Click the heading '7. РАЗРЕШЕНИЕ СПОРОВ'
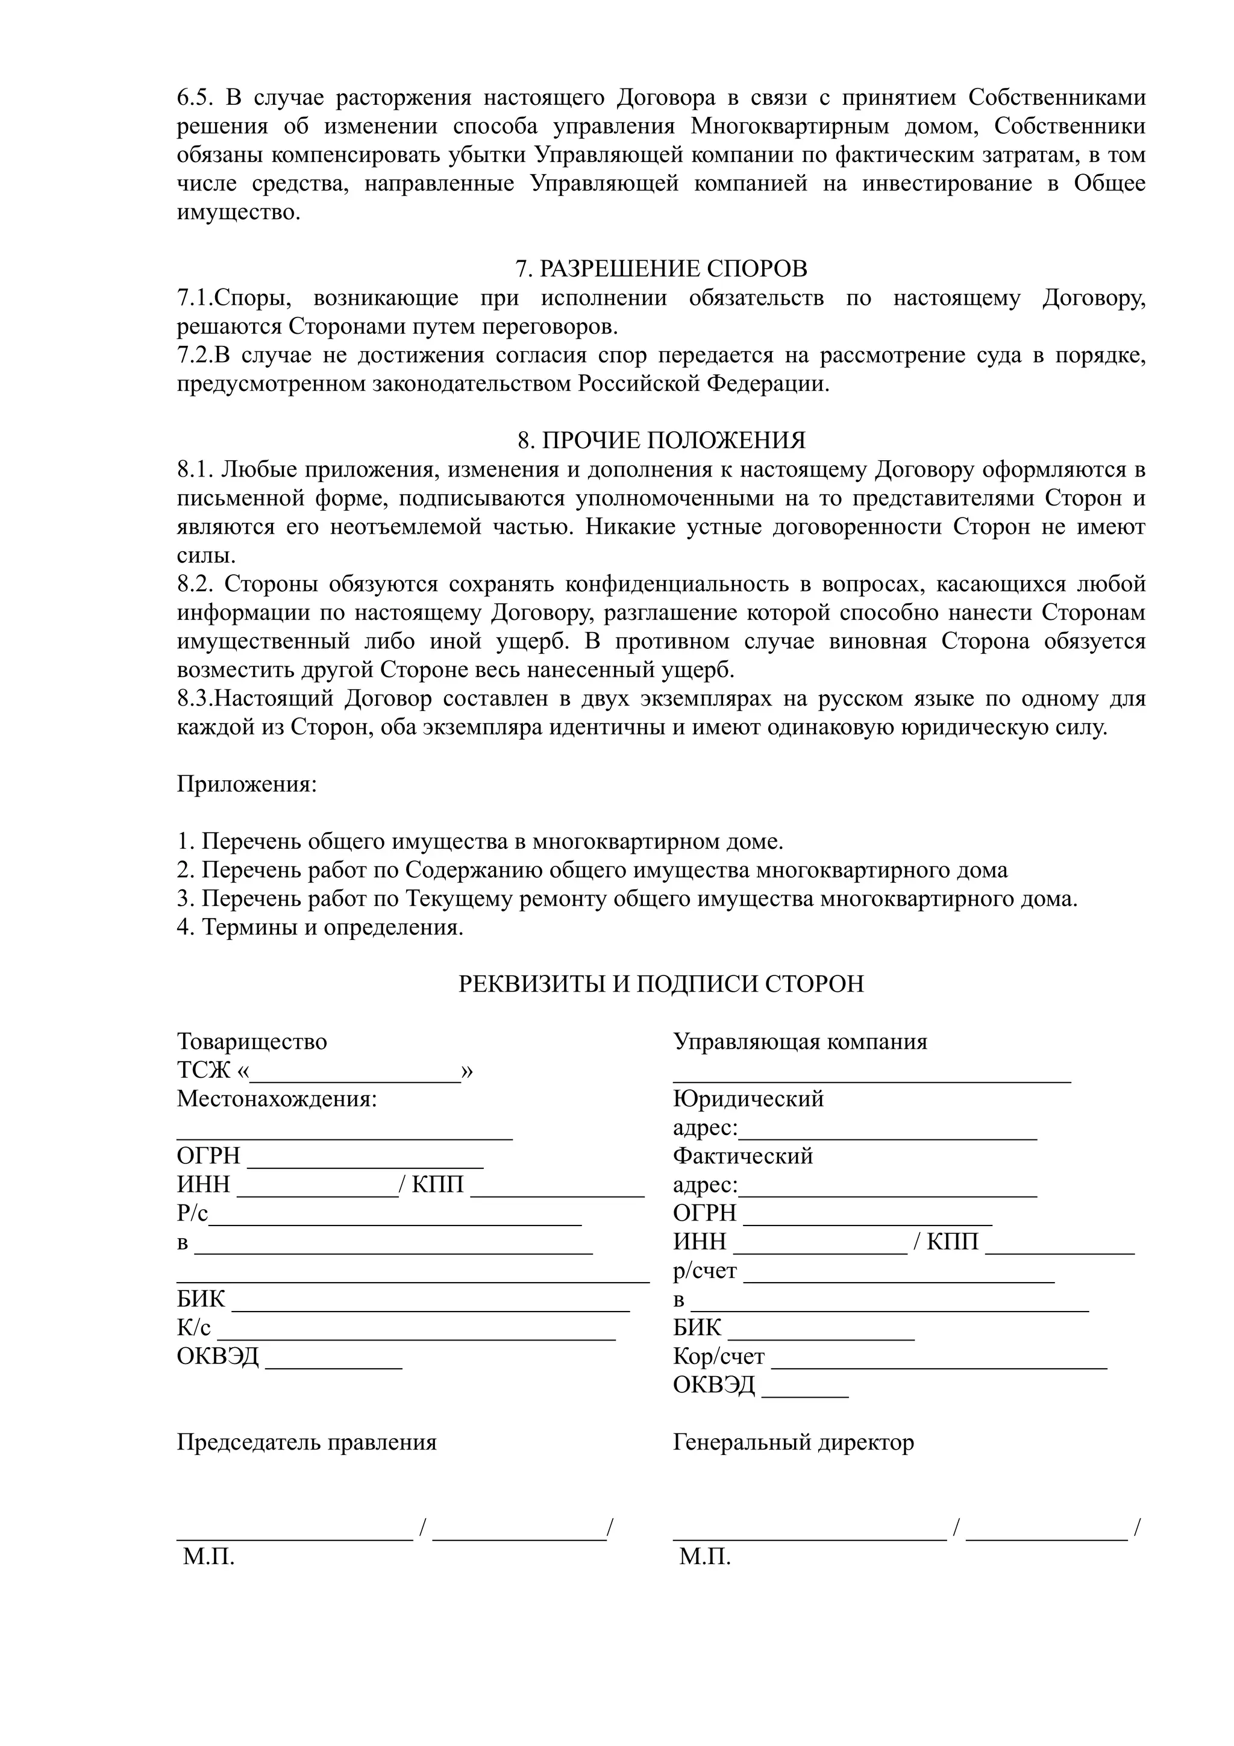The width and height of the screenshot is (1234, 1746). click(x=661, y=269)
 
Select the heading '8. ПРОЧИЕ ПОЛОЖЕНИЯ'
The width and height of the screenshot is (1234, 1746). click(x=661, y=441)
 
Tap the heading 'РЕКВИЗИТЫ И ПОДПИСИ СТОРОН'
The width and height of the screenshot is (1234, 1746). click(x=661, y=984)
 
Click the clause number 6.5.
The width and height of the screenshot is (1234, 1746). click(x=197, y=98)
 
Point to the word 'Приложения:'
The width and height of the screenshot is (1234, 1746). click(x=246, y=783)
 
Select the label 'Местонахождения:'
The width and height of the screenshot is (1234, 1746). click(x=277, y=1099)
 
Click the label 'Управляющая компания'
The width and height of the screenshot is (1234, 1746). click(x=800, y=1041)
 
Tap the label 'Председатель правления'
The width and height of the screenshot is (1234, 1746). click(x=307, y=1442)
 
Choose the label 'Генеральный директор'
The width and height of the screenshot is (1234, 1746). click(x=793, y=1442)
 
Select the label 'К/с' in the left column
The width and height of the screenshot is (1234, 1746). click(x=194, y=1328)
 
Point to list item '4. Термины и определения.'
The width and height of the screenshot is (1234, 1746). click(x=320, y=928)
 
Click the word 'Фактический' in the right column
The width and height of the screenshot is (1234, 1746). click(x=743, y=1156)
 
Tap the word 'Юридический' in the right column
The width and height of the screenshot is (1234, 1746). click(x=748, y=1099)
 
